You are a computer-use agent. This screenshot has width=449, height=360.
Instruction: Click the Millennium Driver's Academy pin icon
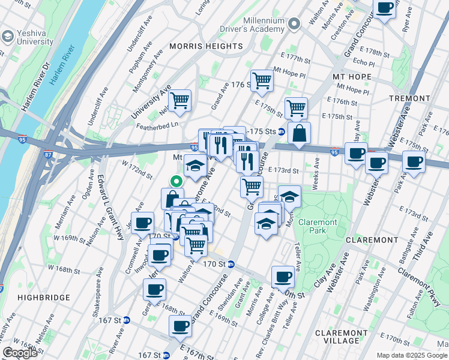pyautogui.click(x=294, y=24)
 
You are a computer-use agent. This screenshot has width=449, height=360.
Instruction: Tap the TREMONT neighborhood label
pyautogui.click(x=409, y=98)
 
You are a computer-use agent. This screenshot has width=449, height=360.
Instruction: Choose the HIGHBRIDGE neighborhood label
pyautogui.click(x=37, y=298)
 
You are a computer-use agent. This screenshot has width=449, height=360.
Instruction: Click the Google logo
pyautogui.click(x=20, y=353)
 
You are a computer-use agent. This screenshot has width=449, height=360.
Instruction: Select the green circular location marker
pyautogui.click(x=176, y=180)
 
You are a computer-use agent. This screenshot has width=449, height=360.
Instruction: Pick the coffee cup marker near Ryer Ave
pyautogui.click(x=384, y=8)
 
